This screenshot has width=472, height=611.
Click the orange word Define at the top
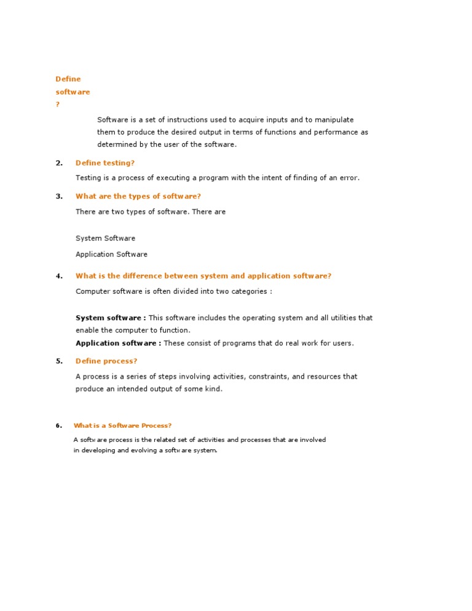pyautogui.click(x=68, y=79)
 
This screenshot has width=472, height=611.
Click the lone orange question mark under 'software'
pyautogui.click(x=58, y=104)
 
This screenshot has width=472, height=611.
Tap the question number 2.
pyautogui.click(x=59, y=163)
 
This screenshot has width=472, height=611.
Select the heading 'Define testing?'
pyautogui.click(x=104, y=163)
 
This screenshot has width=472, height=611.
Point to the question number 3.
pyautogui.click(x=59, y=197)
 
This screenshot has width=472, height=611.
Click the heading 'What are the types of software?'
pyautogui.click(x=138, y=197)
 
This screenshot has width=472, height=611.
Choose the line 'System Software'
pyautogui.click(x=105, y=238)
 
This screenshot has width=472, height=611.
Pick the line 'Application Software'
pyautogui.click(x=111, y=254)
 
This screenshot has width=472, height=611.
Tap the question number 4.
pyautogui.click(x=59, y=276)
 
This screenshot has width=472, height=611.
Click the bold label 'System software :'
pyautogui.click(x=111, y=318)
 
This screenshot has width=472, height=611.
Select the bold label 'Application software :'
pyautogui.click(x=119, y=344)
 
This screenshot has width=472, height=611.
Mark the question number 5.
pyautogui.click(x=59, y=361)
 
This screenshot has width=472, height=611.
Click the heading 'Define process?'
pyautogui.click(x=106, y=361)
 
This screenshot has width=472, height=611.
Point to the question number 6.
pyautogui.click(x=58, y=425)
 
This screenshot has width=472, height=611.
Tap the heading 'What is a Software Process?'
pyautogui.click(x=122, y=425)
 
